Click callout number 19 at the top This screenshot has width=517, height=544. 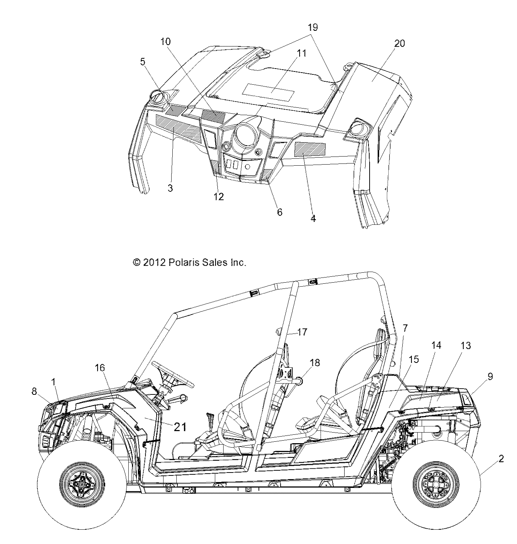pos(312,27)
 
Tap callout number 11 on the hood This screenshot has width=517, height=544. pos(301,53)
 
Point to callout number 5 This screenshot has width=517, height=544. pos(143,62)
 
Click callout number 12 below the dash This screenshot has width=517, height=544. pos(219,196)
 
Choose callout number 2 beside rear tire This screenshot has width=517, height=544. pos(501,458)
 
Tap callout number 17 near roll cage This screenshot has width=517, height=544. pos(302,332)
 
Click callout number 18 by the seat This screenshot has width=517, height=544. pos(315,363)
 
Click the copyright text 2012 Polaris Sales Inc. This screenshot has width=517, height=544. pos(189,262)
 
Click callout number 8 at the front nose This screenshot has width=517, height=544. pos(34,392)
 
